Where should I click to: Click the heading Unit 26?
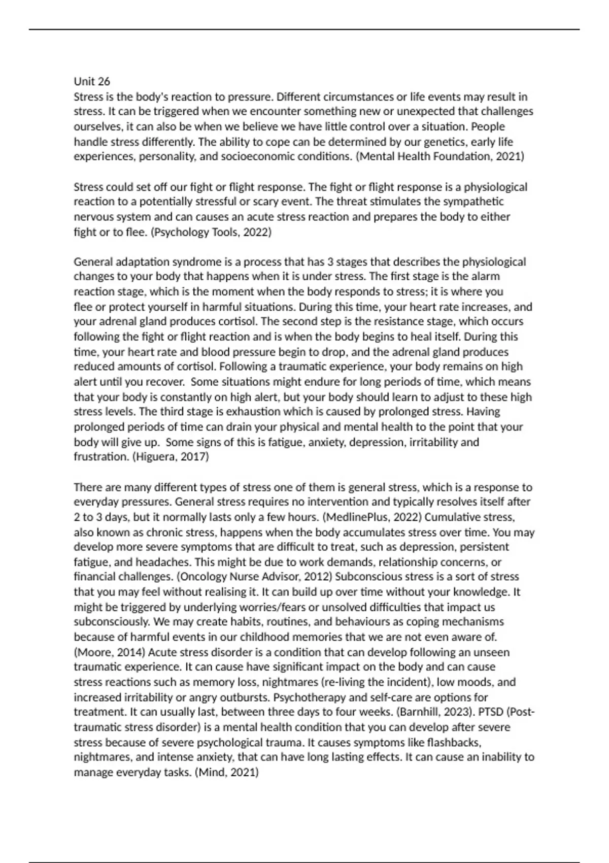point(92,81)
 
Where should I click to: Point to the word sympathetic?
point(473,202)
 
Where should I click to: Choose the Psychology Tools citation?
point(212,232)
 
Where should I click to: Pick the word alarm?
point(486,277)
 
